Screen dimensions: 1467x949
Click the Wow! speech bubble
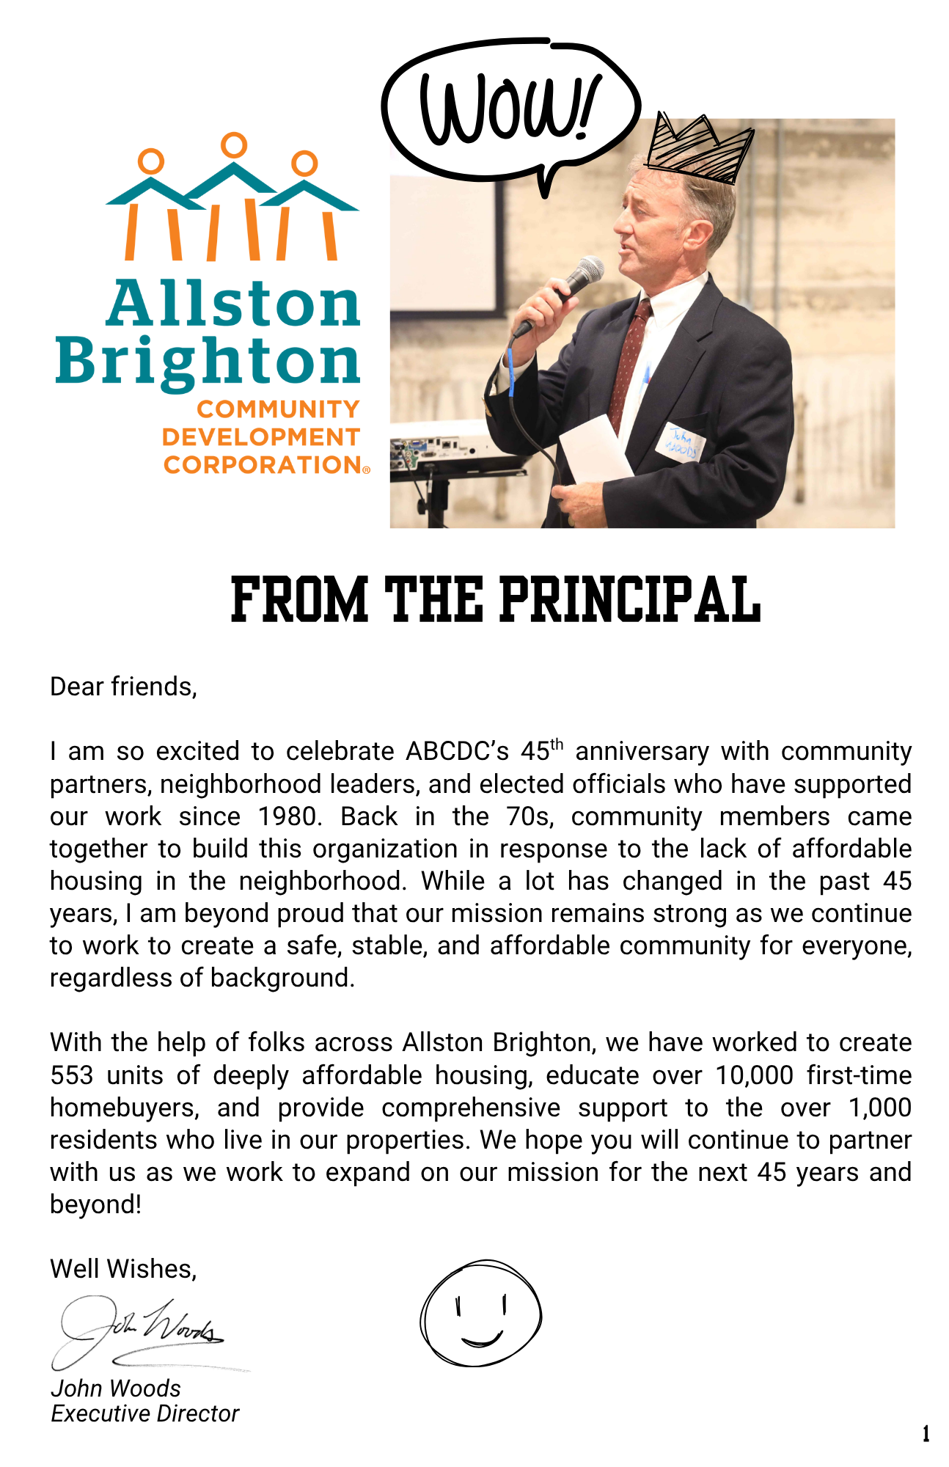click(510, 110)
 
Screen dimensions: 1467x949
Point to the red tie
click(631, 352)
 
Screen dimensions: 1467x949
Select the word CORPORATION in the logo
click(262, 465)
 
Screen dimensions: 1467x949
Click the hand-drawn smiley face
click(480, 1314)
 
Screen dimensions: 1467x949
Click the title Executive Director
click(144, 1413)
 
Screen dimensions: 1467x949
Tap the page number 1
click(926, 1433)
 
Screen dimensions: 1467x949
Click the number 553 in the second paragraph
click(72, 1075)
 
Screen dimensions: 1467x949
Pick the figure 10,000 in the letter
click(754, 1075)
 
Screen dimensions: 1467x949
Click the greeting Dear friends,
click(123, 687)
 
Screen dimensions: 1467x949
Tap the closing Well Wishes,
click(123, 1269)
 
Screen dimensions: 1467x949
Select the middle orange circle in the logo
click(234, 144)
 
